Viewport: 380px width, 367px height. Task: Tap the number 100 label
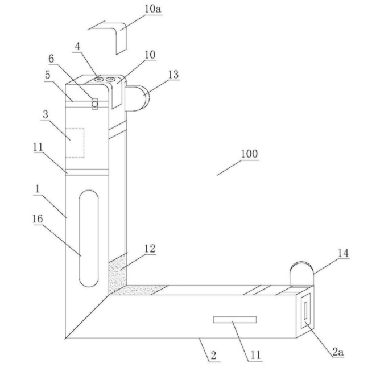pos(249,154)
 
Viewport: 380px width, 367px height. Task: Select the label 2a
pos(338,352)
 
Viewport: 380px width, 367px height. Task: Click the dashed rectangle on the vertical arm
pos(75,143)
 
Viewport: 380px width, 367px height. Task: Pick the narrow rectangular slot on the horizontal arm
pos(234,319)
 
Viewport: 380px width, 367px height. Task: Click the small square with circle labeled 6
pos(94,104)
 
